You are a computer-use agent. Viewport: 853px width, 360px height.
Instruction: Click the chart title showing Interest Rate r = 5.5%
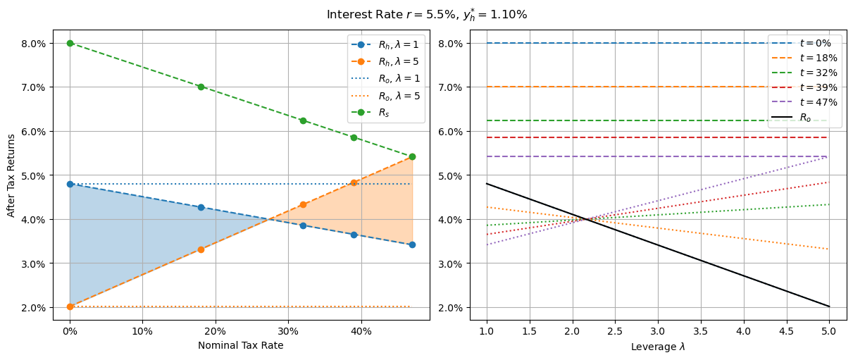(x=426, y=14)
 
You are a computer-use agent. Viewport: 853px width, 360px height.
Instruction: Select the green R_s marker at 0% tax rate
(x=70, y=43)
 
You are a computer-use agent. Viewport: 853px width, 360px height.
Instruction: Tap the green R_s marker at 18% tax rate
(x=201, y=87)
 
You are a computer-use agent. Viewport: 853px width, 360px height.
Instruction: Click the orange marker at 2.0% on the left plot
(x=70, y=306)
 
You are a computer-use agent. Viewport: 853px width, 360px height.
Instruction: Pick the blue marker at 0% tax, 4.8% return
(x=70, y=184)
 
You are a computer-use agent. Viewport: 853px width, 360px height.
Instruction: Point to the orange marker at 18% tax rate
(x=201, y=249)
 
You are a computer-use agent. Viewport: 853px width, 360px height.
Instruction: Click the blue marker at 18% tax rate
(x=201, y=207)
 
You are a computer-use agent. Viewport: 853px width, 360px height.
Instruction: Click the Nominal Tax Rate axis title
(x=240, y=345)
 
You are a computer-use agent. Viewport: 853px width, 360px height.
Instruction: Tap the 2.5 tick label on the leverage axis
(x=615, y=330)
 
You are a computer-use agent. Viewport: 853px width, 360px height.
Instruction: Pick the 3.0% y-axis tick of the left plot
(x=33, y=263)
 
